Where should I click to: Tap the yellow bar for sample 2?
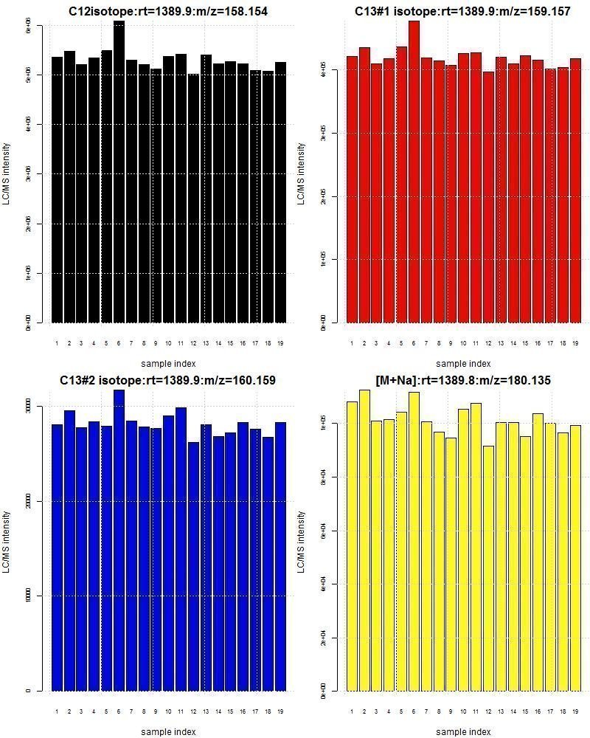[364, 539]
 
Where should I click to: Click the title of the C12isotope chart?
[163, 11]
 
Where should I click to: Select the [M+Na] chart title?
[462, 381]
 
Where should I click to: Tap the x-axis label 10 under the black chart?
[168, 343]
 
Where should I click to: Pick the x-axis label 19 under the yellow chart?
[575, 712]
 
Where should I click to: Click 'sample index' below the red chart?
[463, 363]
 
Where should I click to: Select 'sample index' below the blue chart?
[168, 731]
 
